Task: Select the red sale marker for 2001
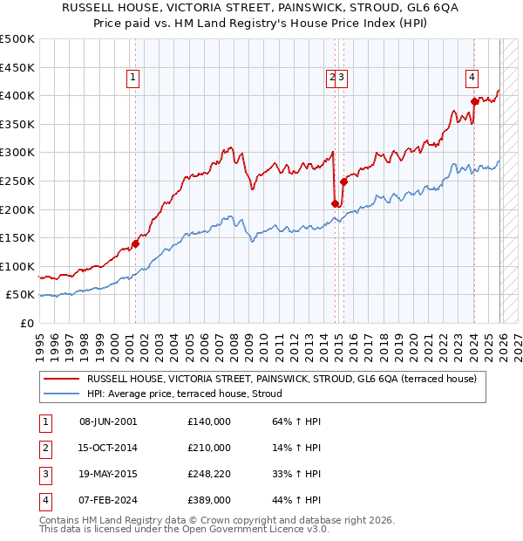(135, 243)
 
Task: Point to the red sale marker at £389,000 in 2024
(475, 101)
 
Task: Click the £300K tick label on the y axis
(17, 153)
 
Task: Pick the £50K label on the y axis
(21, 295)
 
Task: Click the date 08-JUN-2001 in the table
(108, 421)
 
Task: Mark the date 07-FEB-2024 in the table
(108, 500)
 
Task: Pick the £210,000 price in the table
(209, 448)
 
